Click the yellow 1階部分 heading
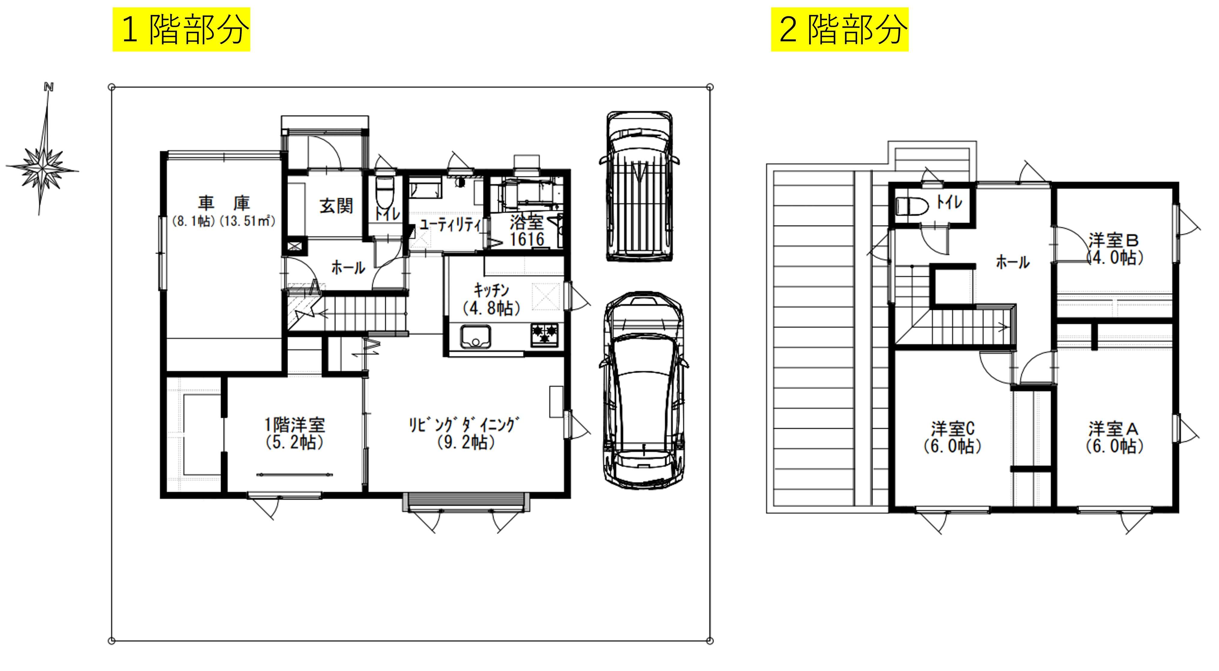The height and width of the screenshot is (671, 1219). [181, 29]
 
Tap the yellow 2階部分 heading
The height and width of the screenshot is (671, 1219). [840, 29]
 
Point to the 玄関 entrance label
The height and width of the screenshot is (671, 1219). [336, 206]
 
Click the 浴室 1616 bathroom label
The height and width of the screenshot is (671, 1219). [527, 231]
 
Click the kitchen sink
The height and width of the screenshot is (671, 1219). [476, 337]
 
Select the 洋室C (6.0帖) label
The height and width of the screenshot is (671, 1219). [952, 438]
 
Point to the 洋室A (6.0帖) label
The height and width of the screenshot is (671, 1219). [1114, 438]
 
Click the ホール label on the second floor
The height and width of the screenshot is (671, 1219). [1013, 262]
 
